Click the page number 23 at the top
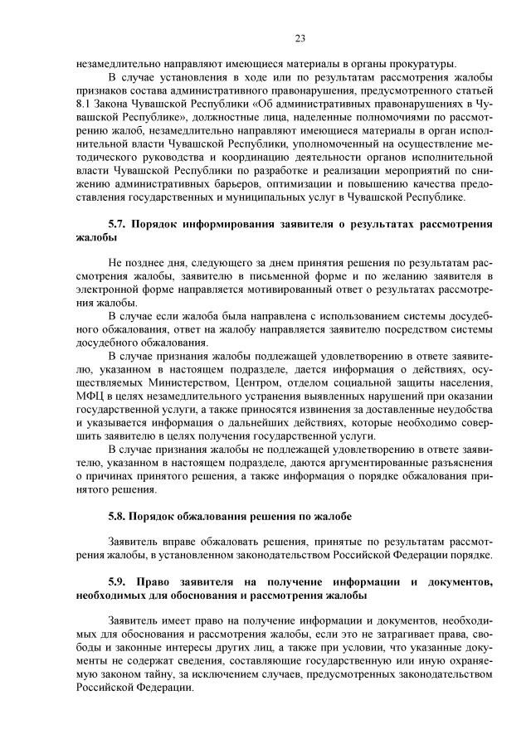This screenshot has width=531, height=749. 300,38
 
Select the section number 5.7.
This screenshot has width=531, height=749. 119,224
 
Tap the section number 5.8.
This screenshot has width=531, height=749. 119,516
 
